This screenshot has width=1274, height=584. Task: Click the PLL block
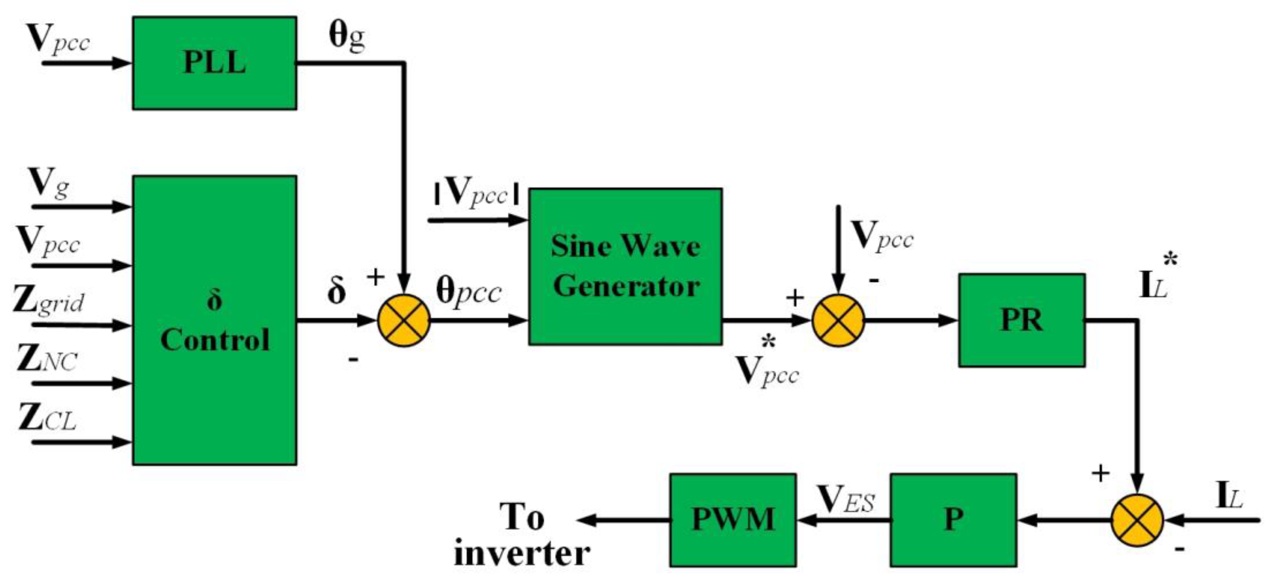[214, 63]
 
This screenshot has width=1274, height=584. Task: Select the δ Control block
[214, 320]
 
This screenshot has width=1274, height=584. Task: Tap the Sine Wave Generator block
[625, 266]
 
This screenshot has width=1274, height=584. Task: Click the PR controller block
[1021, 320]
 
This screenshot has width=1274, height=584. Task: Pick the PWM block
[732, 520]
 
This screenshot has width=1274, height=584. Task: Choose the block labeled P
[953, 520]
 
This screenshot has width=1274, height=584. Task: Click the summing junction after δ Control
[404, 320]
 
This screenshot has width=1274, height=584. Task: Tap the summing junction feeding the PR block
[838, 320]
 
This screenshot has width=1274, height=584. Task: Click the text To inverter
[522, 536]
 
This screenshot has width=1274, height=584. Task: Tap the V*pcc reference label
[767, 366]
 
